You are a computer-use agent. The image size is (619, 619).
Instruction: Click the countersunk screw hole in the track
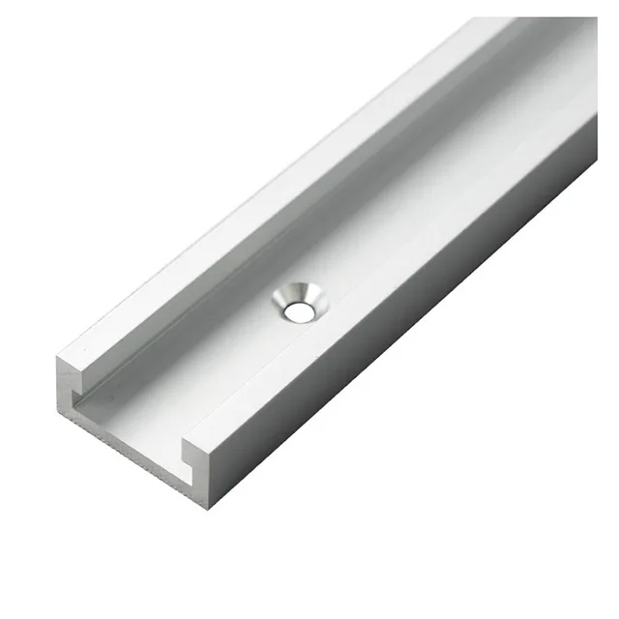299,303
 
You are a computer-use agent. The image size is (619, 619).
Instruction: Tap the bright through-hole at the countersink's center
302,311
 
